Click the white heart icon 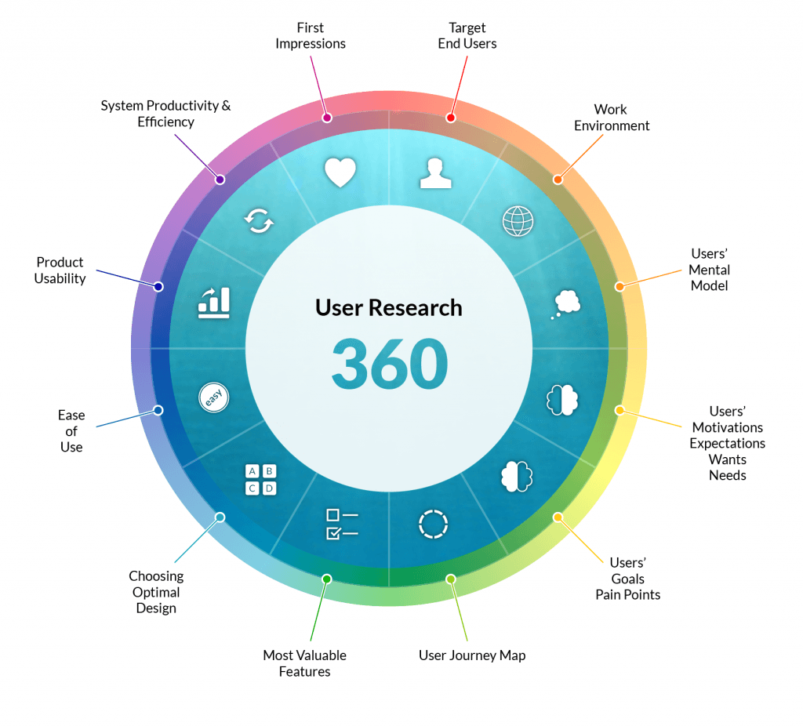coord(340,172)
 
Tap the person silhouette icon coord(436,173)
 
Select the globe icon coord(518,221)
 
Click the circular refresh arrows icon coord(259,222)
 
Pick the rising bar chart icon coord(214,303)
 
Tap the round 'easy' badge coord(214,397)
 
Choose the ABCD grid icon coord(261,480)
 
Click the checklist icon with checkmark coord(342,525)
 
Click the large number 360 coord(390,364)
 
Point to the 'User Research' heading coord(389,307)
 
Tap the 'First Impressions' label coord(311,34)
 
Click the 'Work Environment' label coord(612,118)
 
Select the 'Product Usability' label coord(60,270)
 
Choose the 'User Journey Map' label coord(472,655)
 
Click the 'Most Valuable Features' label coord(304,663)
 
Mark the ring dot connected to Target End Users coord(451,118)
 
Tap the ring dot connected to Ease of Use coord(158,410)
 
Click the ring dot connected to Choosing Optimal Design coord(220,517)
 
